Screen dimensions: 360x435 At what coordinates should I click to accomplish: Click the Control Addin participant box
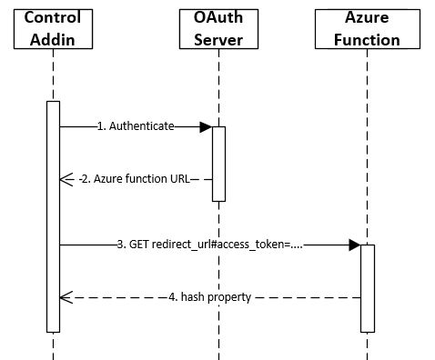pyautogui.click(x=53, y=27)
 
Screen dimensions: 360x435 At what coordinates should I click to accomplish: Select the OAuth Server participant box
pyautogui.click(x=218, y=27)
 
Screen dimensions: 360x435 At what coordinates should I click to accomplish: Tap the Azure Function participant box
pyautogui.click(x=367, y=27)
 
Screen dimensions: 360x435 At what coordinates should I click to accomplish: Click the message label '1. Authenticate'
pyautogui.click(x=136, y=126)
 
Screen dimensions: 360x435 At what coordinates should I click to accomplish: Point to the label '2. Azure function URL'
pyautogui.click(x=135, y=179)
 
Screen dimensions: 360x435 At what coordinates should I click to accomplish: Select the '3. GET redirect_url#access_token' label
pyautogui.click(x=209, y=245)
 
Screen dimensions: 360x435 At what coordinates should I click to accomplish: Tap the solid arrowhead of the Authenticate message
pyautogui.click(x=206, y=126)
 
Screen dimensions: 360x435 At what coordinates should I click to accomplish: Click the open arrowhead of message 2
pyautogui.click(x=66, y=179)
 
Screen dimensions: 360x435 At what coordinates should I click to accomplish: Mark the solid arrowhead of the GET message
pyautogui.click(x=354, y=245)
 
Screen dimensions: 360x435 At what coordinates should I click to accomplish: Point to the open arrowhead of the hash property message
pyautogui.click(x=66, y=297)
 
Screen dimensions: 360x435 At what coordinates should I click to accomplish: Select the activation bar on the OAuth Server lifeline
pyautogui.click(x=218, y=164)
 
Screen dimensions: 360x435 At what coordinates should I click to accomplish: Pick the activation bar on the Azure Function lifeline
pyautogui.click(x=367, y=287)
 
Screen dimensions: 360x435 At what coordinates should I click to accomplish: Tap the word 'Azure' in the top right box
pyautogui.click(x=367, y=17)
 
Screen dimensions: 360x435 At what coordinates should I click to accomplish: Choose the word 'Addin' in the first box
pyautogui.click(x=53, y=38)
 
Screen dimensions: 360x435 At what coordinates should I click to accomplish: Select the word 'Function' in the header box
pyautogui.click(x=367, y=39)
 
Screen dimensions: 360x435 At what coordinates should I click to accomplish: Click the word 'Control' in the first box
pyautogui.click(x=53, y=17)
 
